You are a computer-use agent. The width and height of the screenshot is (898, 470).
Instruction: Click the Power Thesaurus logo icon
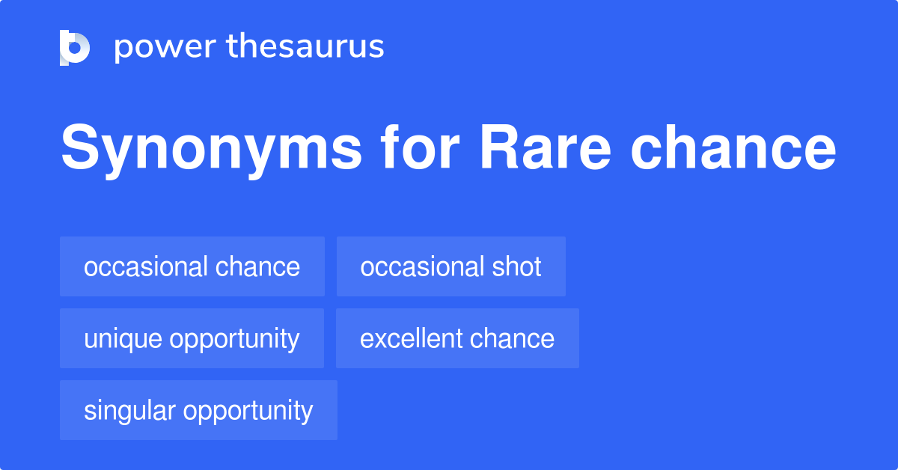point(74,47)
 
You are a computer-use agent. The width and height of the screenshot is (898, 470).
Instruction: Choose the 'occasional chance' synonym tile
point(192,266)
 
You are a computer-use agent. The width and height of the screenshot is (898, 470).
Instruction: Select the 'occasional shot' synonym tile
point(450,266)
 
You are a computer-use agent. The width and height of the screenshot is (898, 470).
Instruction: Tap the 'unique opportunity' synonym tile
point(192,338)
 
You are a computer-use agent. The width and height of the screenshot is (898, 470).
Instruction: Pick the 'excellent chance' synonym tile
point(457,338)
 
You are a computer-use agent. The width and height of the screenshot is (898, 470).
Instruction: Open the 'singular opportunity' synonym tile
point(198,410)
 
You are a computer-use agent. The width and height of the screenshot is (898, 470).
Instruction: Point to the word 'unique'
point(123,339)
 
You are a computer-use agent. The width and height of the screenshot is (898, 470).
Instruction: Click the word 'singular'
point(129,411)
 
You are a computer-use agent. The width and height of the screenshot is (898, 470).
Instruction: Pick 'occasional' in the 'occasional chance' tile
point(146,266)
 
